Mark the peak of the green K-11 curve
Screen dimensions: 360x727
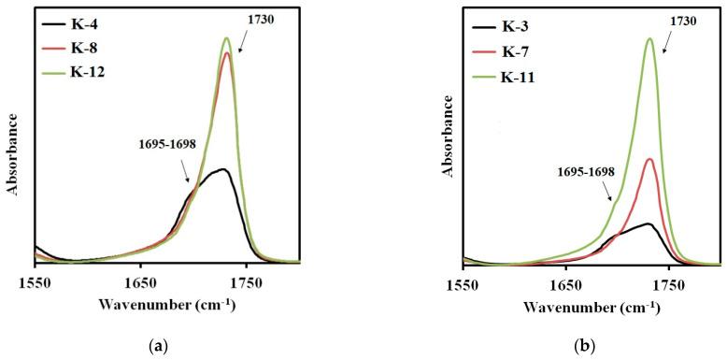tap(649, 38)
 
